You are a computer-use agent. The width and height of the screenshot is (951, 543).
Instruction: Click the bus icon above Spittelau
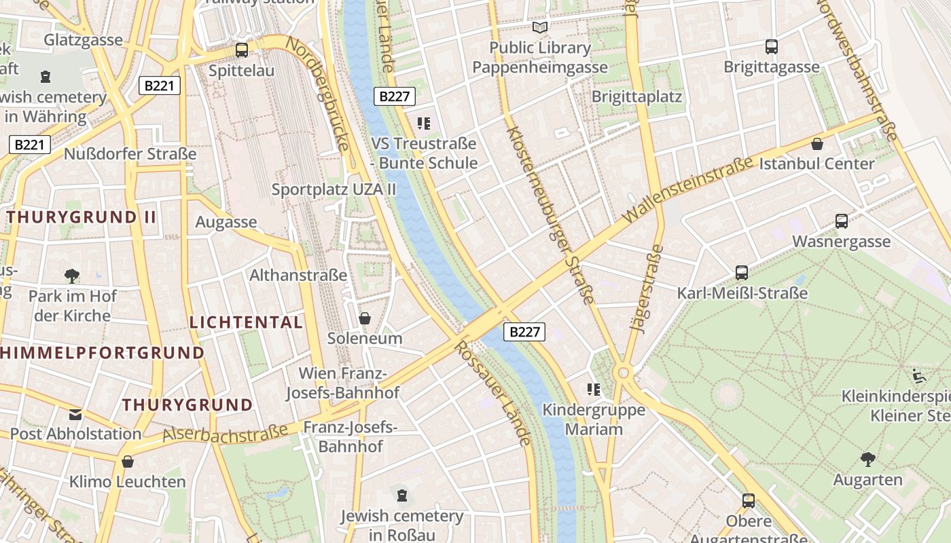(241, 50)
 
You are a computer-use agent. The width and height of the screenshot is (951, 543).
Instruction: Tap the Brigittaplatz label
(636, 96)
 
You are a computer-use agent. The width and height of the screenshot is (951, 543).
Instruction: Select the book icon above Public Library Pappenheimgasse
(540, 28)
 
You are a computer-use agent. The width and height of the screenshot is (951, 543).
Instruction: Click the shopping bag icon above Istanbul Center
(817, 144)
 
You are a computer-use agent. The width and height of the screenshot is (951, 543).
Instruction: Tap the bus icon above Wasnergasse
(841, 221)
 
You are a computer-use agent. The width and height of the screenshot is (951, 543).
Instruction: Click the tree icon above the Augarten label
(867, 460)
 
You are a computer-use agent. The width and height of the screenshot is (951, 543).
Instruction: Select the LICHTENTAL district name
(246, 322)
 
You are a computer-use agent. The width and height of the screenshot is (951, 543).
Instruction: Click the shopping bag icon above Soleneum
(365, 318)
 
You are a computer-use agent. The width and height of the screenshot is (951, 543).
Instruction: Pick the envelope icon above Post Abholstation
(75, 414)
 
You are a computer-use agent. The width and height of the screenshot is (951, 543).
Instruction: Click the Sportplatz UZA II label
(334, 189)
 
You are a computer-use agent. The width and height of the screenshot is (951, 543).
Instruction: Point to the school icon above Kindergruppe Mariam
(594, 390)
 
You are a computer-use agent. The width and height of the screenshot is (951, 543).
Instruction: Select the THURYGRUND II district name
(82, 217)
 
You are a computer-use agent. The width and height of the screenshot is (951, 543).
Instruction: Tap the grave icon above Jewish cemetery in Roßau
(402, 495)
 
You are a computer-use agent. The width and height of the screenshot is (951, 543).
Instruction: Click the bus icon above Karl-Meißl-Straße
(742, 273)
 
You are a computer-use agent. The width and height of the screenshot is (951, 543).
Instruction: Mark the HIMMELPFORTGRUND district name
(102, 353)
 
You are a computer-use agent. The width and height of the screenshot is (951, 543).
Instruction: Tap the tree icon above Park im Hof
(72, 276)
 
